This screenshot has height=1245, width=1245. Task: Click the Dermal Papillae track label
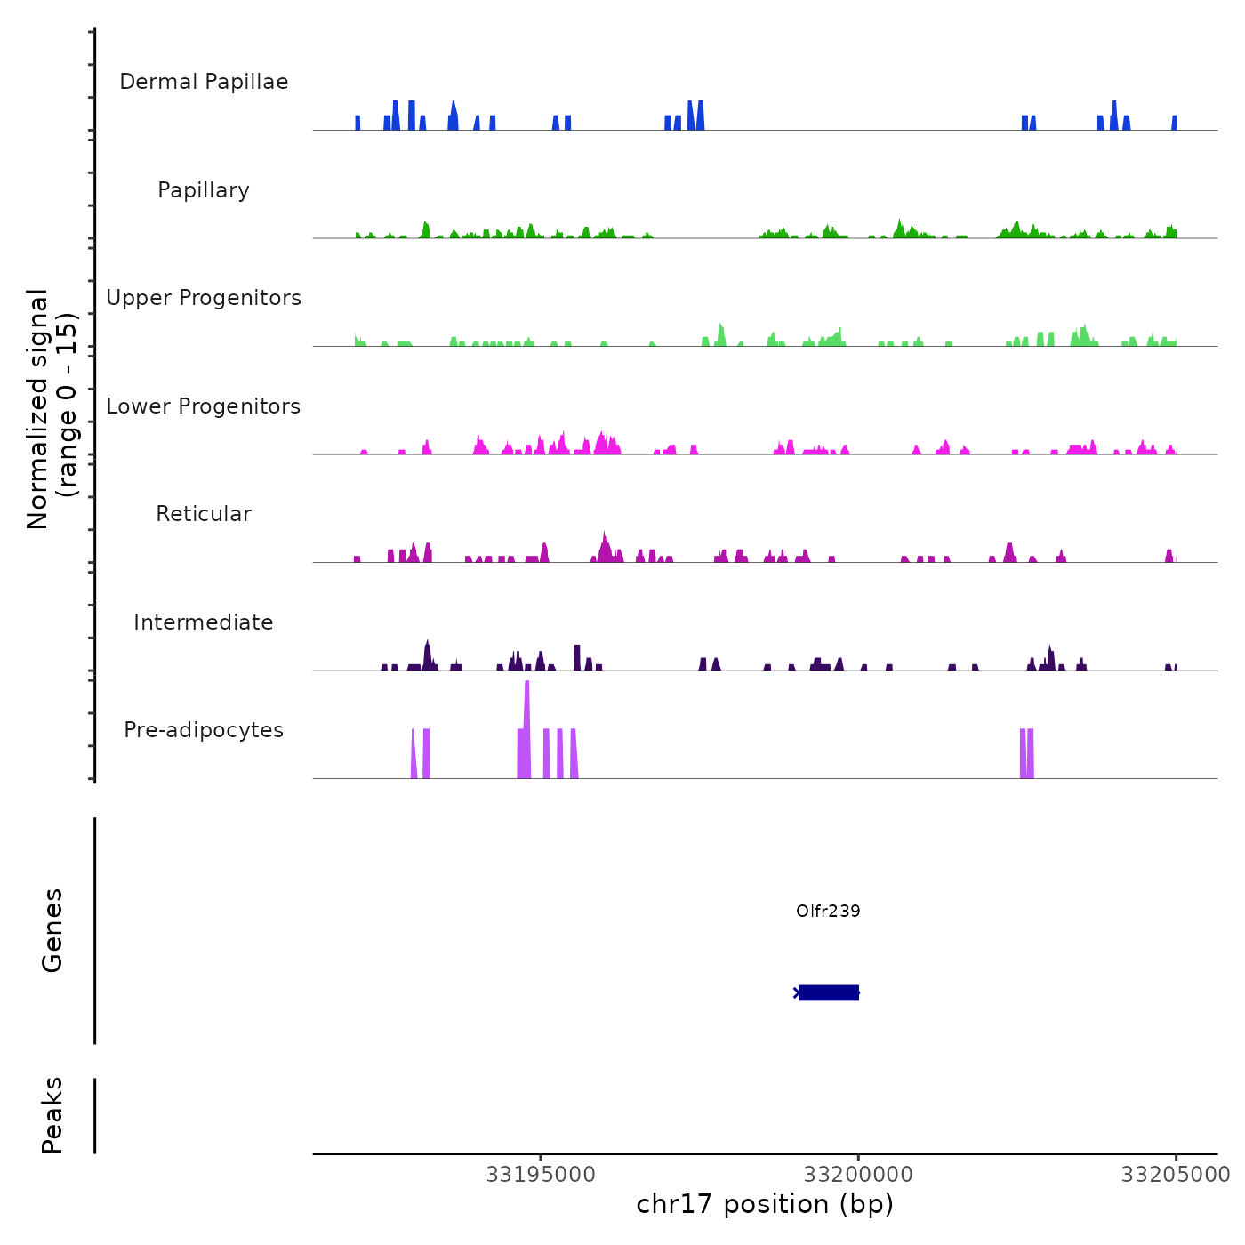pyautogui.click(x=204, y=82)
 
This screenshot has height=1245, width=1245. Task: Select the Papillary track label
pyautogui.click(x=204, y=190)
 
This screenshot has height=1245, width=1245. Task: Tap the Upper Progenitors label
pyautogui.click(x=204, y=298)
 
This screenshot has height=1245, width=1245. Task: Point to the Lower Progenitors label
pyautogui.click(x=204, y=406)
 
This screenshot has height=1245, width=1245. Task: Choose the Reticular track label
pyautogui.click(x=204, y=514)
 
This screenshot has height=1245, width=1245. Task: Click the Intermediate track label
pyautogui.click(x=204, y=622)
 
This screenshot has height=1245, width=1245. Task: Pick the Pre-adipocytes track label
pyautogui.click(x=204, y=730)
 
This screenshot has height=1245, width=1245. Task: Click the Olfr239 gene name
pyautogui.click(x=828, y=911)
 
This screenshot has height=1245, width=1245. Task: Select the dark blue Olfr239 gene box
pyautogui.click(x=829, y=992)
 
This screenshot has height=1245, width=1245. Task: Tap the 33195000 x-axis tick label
pyautogui.click(x=541, y=1175)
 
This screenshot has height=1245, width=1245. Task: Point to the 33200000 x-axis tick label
pyautogui.click(x=858, y=1175)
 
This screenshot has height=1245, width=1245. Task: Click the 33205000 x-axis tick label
pyautogui.click(x=1176, y=1175)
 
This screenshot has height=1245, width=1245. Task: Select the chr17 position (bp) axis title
pyautogui.click(x=765, y=1204)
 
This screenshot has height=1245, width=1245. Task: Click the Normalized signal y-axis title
pyautogui.click(x=37, y=408)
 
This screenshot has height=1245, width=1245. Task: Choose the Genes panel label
pyautogui.click(x=52, y=930)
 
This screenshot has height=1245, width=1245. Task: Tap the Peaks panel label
pyautogui.click(x=52, y=1115)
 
